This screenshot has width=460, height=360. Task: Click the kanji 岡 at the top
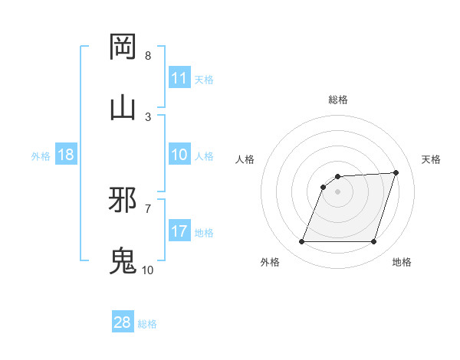[123, 47]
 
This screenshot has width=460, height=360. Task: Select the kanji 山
[123, 107]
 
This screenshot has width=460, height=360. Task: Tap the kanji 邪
[123, 201]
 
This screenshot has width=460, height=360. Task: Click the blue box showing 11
[179, 78]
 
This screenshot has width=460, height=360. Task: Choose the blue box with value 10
[179, 155]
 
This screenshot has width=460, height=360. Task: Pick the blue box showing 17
[179, 231]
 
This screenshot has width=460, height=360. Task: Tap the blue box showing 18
[66, 155]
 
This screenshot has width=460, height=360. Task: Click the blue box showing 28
[123, 322]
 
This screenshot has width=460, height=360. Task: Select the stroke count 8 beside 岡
[148, 56]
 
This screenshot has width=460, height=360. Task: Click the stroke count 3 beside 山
[148, 116]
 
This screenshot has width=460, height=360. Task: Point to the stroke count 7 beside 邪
[148, 208]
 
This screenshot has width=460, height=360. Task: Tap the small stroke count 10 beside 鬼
[148, 270]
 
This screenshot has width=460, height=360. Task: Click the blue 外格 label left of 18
[41, 155]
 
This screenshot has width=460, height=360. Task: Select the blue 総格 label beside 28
[147, 324]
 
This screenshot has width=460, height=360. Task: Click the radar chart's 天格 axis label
[431, 159]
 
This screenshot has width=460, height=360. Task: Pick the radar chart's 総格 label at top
[337, 100]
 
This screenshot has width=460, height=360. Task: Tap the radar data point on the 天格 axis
[396, 173]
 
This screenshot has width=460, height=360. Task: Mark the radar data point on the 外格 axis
[301, 242]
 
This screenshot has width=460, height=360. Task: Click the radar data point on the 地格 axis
[373, 242]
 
